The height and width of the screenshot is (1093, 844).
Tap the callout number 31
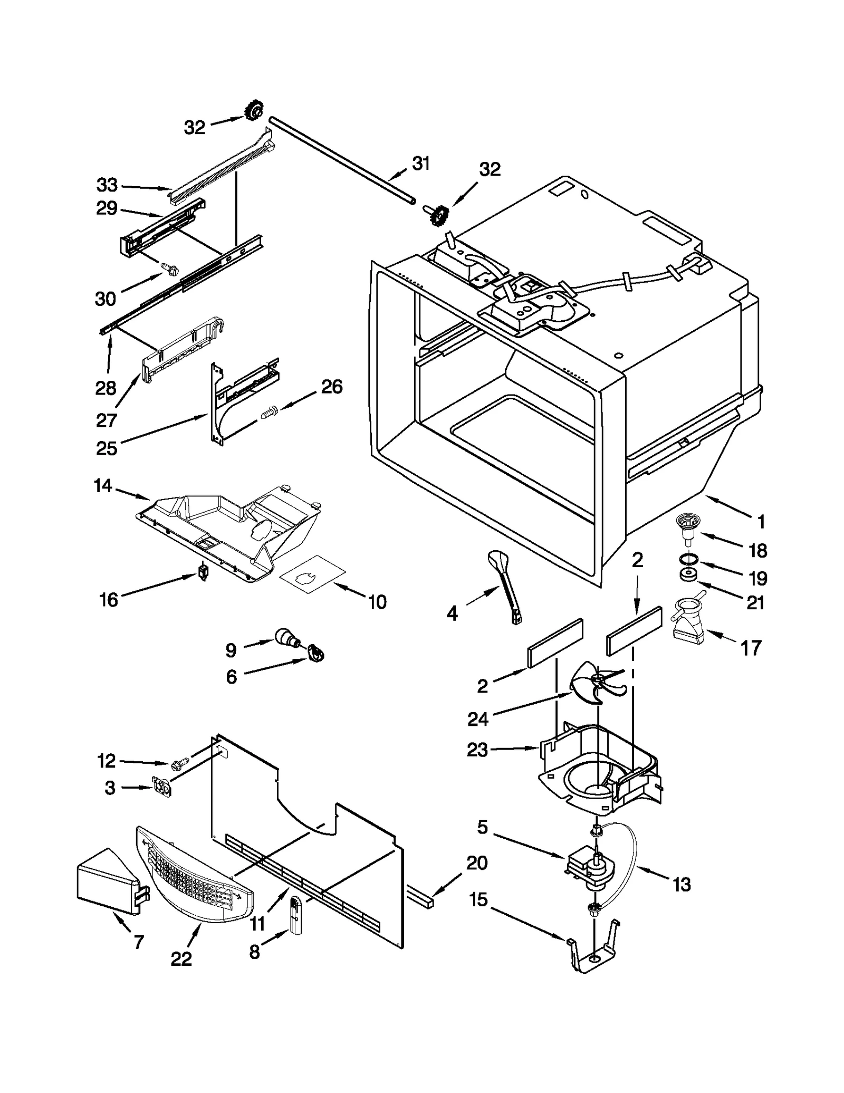point(420,164)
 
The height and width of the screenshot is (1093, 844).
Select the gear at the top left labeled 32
point(254,111)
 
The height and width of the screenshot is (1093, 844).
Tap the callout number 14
point(103,485)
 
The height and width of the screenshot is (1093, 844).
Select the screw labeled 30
point(170,270)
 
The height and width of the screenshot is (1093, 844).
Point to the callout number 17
point(751,648)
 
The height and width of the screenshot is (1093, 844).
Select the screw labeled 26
point(269,410)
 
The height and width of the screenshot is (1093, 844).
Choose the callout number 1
point(760,522)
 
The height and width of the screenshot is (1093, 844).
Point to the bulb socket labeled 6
point(316,654)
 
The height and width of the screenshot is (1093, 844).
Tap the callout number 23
point(477,750)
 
